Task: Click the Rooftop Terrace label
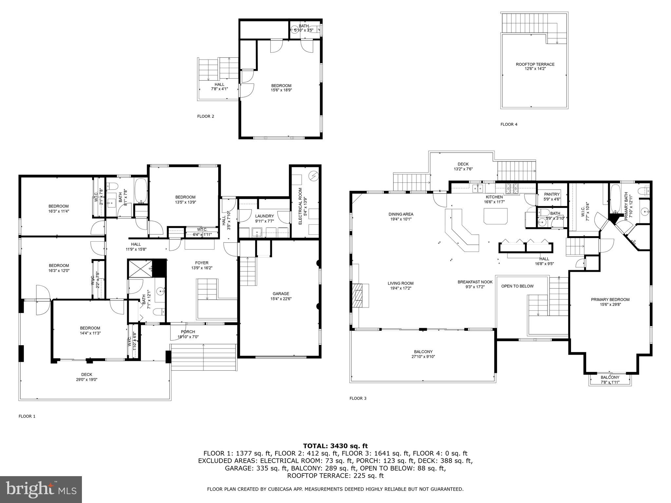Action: (x=535, y=65)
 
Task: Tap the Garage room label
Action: (x=281, y=294)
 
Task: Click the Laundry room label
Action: (x=264, y=216)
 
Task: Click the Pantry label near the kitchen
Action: (x=552, y=195)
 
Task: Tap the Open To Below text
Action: (x=517, y=286)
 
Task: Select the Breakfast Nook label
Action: (x=475, y=282)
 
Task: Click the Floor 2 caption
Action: (x=206, y=116)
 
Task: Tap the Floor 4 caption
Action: (x=509, y=124)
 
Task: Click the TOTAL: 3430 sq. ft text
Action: (x=335, y=446)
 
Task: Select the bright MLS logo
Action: (x=41, y=489)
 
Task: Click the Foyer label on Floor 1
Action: (x=201, y=263)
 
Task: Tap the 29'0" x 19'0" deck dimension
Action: (x=86, y=380)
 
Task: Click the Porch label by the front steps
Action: (x=188, y=332)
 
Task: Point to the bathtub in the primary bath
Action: (x=615, y=198)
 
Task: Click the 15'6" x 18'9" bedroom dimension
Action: (x=281, y=90)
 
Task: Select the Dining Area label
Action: (x=401, y=214)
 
